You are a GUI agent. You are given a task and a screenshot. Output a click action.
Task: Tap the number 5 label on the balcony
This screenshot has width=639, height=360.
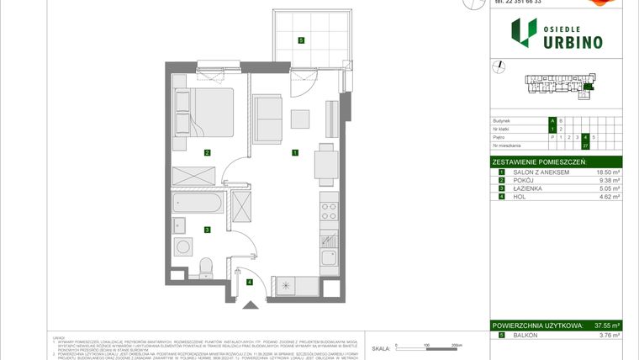click(301, 40)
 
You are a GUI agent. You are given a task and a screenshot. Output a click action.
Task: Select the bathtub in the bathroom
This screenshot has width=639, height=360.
click(197, 204)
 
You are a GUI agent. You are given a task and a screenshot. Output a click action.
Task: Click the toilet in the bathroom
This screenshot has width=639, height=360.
click(204, 267)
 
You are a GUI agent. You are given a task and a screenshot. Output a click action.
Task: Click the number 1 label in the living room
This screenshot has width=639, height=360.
click(294, 152)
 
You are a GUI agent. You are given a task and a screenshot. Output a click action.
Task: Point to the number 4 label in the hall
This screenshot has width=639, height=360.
click(250, 282)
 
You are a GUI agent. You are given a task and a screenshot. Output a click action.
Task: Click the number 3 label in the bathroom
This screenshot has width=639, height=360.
click(206, 228)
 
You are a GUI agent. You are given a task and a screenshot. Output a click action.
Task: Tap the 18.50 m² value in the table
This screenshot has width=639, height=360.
click(609, 172)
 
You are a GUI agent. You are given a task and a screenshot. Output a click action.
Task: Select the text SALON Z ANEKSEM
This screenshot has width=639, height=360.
click(541, 172)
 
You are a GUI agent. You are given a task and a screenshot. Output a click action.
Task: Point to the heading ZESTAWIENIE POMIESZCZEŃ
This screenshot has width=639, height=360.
click(539, 161)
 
